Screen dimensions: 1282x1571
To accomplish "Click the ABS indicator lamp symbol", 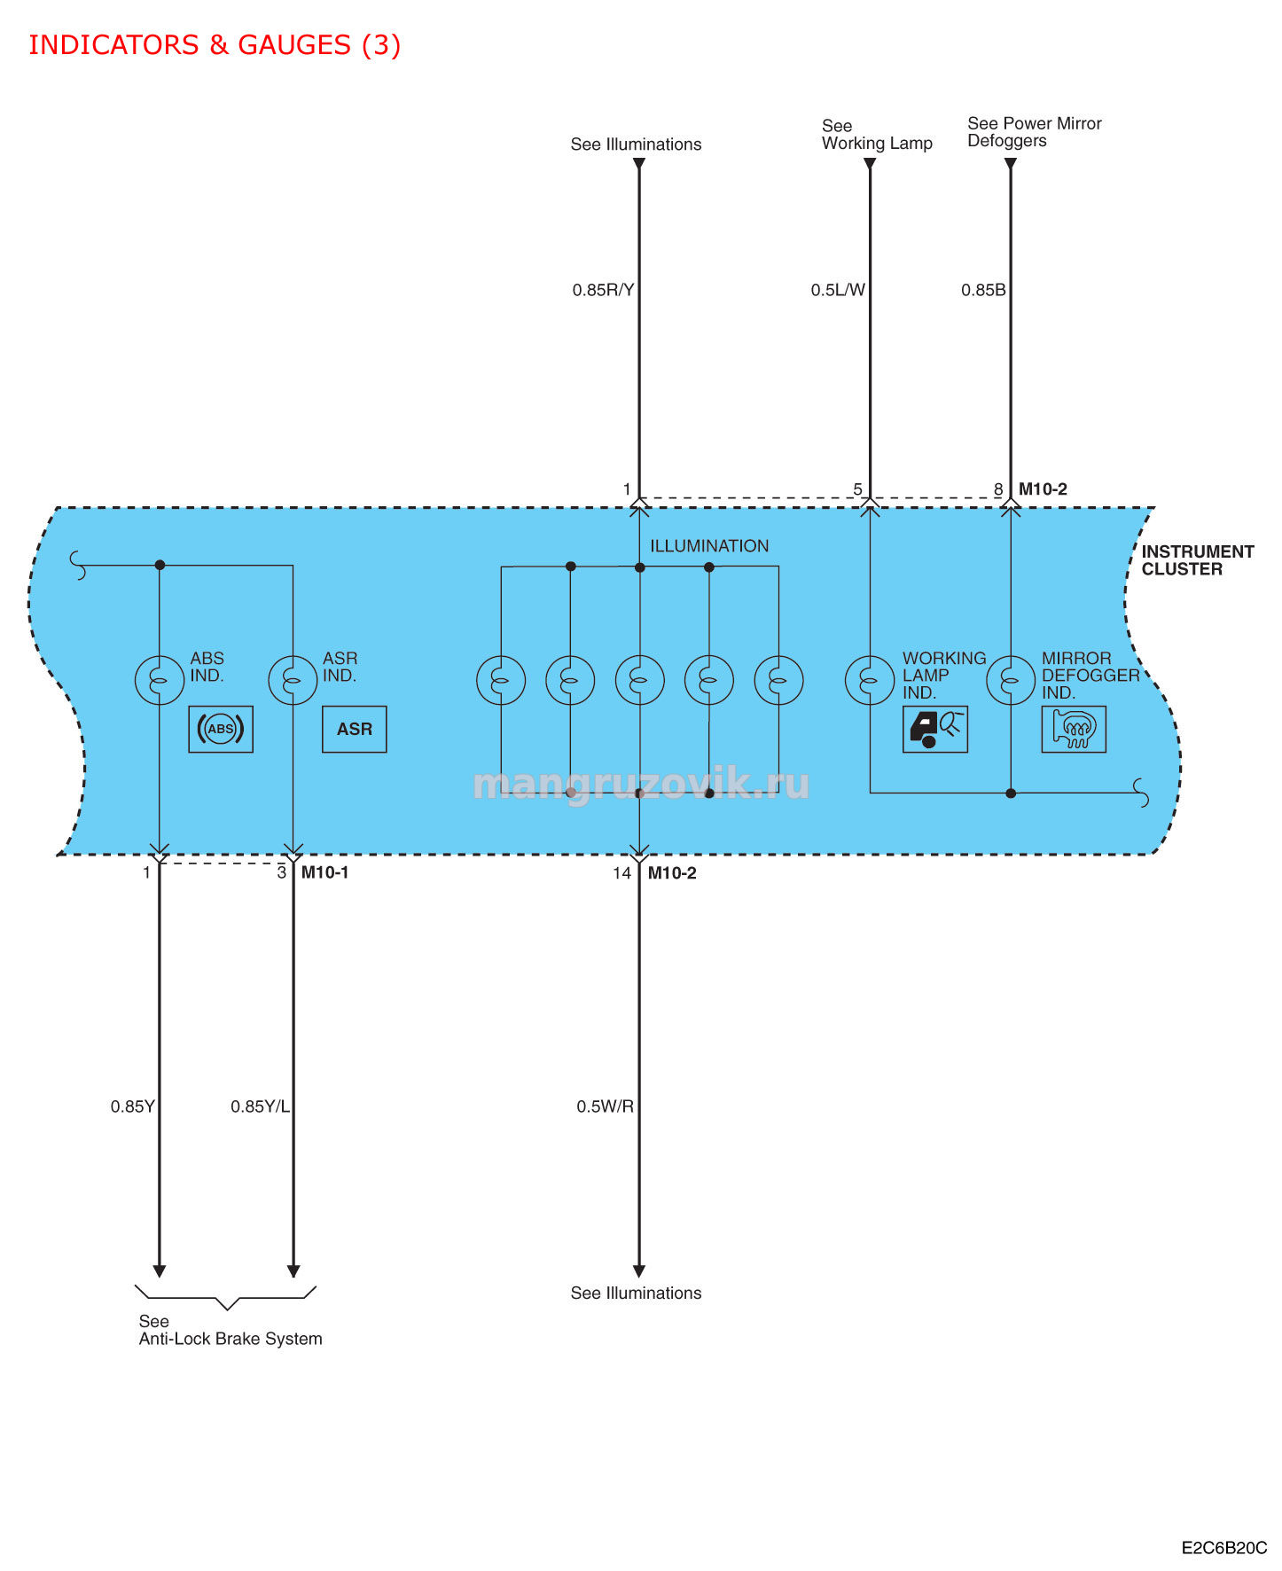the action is [160, 680].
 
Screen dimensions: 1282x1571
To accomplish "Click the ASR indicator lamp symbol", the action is [293, 680].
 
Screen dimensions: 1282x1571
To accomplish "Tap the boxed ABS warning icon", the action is [221, 729].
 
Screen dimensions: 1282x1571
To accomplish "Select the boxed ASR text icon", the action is [355, 729].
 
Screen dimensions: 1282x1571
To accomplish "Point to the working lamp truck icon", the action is [935, 729].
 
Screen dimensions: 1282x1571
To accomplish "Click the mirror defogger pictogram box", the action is [1074, 729].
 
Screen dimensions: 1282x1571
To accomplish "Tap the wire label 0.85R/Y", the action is [603, 290].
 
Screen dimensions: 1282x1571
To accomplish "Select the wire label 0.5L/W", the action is [838, 290].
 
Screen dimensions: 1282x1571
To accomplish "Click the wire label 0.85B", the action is [983, 290].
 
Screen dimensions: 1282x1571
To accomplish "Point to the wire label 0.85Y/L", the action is [260, 1106].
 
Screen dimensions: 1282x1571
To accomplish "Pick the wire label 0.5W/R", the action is [606, 1106].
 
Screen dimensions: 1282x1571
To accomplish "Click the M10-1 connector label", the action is [324, 872].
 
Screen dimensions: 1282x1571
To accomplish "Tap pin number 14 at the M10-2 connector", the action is [621, 873].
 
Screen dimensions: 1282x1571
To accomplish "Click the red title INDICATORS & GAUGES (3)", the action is [215, 44].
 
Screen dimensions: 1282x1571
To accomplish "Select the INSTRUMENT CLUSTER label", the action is [1197, 560].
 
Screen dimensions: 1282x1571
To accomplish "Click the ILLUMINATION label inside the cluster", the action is [709, 546].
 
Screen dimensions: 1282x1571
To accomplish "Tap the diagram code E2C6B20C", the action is [1224, 1548].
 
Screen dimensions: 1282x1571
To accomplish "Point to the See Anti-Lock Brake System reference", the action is [231, 1330].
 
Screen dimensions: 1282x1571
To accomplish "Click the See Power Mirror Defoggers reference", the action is [1035, 132].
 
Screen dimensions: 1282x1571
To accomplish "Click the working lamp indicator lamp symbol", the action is [870, 680].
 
